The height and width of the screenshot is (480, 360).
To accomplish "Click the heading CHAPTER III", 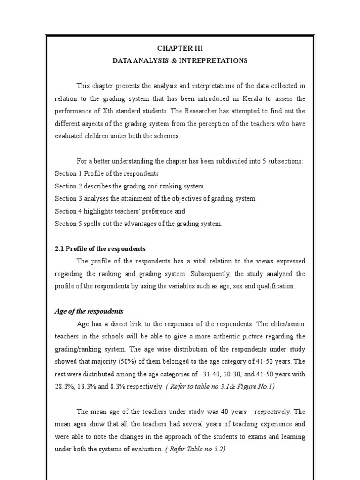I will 180,48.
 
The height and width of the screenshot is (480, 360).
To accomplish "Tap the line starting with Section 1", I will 106,173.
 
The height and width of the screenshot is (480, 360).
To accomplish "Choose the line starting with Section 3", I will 155,199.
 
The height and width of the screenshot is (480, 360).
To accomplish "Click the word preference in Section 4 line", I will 160,211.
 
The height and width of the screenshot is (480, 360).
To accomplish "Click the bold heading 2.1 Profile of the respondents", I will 100,248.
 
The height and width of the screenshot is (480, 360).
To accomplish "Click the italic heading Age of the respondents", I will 89,311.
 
